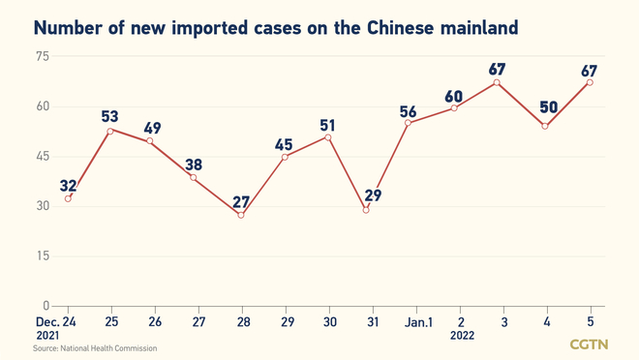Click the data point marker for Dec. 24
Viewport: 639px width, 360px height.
(x=68, y=198)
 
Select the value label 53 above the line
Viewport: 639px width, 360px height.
(x=109, y=117)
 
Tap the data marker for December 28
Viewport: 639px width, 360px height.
(x=240, y=215)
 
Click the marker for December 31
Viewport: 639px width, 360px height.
(x=366, y=210)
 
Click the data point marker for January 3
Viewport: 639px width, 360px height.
(x=497, y=82)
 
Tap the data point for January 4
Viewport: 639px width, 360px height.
(x=545, y=126)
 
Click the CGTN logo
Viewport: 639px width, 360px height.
(x=588, y=345)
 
